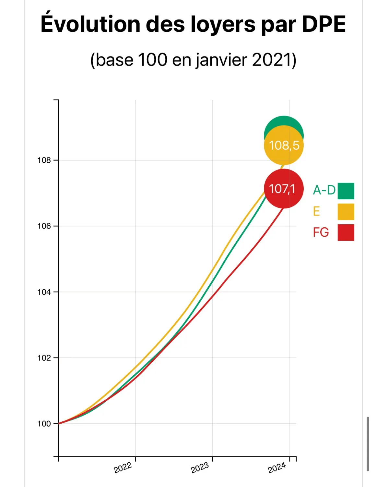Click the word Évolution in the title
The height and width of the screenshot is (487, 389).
(90, 24)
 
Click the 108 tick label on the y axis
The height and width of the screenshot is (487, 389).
(44, 160)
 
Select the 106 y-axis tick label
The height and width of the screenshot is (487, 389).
(44, 226)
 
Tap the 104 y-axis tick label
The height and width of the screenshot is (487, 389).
(44, 292)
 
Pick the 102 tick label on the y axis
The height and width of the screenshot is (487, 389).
(44, 358)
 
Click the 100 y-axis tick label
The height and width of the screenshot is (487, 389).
(44, 424)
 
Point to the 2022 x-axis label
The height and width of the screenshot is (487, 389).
(123, 468)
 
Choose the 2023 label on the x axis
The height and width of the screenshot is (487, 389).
(200, 468)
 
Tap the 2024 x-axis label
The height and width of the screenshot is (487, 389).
(277, 468)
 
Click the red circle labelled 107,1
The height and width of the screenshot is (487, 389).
(284, 189)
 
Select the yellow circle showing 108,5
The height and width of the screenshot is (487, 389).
(284, 145)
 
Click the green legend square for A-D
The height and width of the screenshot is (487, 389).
(346, 191)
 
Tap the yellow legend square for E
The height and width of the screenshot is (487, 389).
(346, 212)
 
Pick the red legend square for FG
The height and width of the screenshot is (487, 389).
(346, 232)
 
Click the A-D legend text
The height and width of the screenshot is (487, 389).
(324, 190)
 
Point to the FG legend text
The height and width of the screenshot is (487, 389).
(321, 232)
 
